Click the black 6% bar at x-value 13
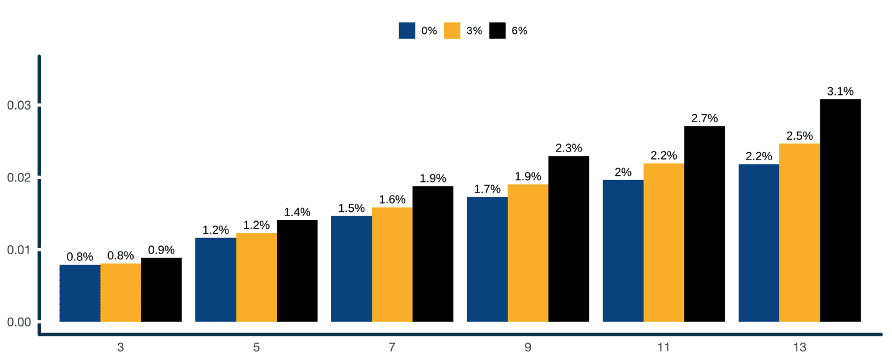point(840,210)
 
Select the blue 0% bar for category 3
point(80,293)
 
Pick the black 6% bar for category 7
point(433,254)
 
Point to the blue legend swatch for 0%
point(407,30)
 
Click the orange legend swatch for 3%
point(452,30)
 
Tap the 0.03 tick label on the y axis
point(19,105)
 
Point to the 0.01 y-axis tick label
point(19,249)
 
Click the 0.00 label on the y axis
point(19,322)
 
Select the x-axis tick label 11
point(664,347)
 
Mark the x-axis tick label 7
point(392,347)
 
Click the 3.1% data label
point(840,91)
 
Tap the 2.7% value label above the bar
point(704,118)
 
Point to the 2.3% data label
point(568,148)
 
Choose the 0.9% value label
point(161,250)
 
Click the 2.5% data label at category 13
point(799,136)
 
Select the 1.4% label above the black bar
point(297,212)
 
